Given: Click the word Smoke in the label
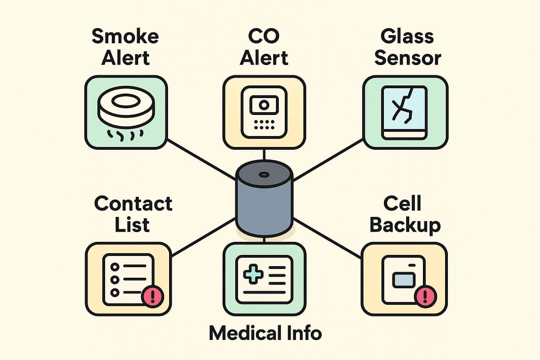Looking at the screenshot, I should pyautogui.click(x=125, y=36).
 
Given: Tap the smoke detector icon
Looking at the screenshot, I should pyautogui.click(x=126, y=107).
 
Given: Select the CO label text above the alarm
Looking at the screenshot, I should pyautogui.click(x=264, y=36).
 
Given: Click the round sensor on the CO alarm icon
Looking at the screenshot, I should pyautogui.click(x=264, y=105).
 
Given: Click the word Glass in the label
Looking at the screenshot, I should pyautogui.click(x=407, y=36).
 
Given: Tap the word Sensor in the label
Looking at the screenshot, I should pyautogui.click(x=407, y=58).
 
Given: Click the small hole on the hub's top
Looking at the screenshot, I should pyautogui.click(x=264, y=175).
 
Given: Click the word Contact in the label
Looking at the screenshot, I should pyautogui.click(x=133, y=204).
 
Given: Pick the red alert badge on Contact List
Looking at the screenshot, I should pyautogui.click(x=152, y=296).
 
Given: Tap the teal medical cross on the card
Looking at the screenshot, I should pyautogui.click(x=253, y=275).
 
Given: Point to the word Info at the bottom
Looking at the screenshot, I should pyautogui.click(x=304, y=333).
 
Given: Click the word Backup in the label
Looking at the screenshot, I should pyautogui.click(x=405, y=225).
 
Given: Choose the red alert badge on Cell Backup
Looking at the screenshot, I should pyautogui.click(x=425, y=296).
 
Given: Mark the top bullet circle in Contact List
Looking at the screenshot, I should pyautogui.click(x=115, y=267).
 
